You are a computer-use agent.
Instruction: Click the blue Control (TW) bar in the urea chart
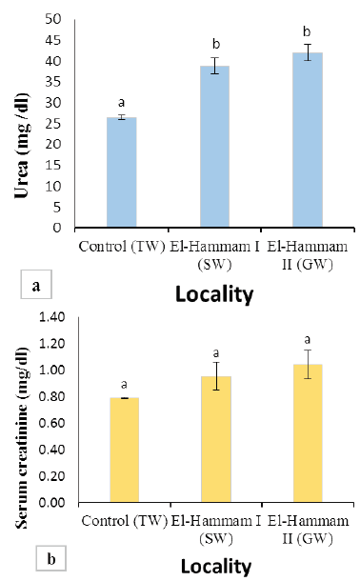pyautogui.click(x=122, y=172)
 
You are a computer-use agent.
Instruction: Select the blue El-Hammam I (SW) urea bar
pyautogui.click(x=215, y=147)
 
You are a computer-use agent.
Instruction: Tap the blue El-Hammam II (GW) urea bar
pyautogui.click(x=308, y=140)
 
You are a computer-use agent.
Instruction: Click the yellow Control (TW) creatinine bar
pyautogui.click(x=125, y=450)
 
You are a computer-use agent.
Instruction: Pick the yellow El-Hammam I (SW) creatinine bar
pyautogui.click(x=216, y=439)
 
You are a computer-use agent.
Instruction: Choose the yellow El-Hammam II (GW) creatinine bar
pyautogui.click(x=308, y=433)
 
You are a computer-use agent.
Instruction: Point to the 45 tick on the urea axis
pyautogui.click(x=52, y=40)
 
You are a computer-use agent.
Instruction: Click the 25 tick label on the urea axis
pyautogui.click(x=52, y=124)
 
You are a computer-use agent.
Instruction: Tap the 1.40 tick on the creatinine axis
pyautogui.click(x=51, y=317)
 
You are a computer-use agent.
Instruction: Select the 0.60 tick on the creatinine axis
pyautogui.click(x=51, y=423)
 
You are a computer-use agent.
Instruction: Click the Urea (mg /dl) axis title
pyautogui.click(x=22, y=146)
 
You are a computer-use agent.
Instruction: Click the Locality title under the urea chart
pyautogui.click(x=214, y=294)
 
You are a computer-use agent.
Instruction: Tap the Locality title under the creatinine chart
pyautogui.click(x=216, y=567)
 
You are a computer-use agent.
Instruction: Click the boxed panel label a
pyautogui.click(x=36, y=285)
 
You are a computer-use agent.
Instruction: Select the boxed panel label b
pyautogui.click(x=51, y=558)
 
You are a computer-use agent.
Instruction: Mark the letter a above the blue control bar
pyautogui.click(x=121, y=103)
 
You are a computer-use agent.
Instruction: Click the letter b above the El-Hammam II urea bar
pyautogui.click(x=307, y=31)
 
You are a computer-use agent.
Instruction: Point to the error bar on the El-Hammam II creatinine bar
pyautogui.click(x=308, y=364)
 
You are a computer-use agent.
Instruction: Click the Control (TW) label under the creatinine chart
pyautogui.click(x=125, y=521)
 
